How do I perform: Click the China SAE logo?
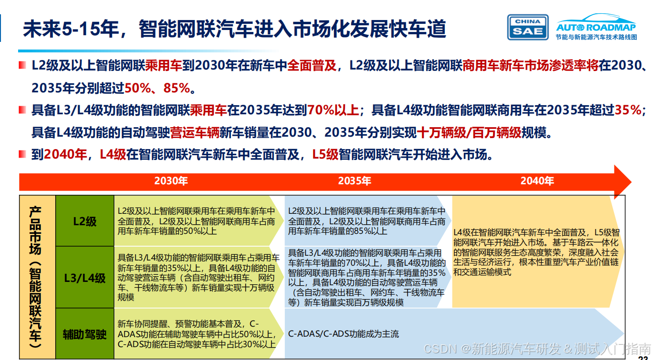[528, 27]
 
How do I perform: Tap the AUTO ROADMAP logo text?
[596, 27]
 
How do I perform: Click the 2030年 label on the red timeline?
[171, 181]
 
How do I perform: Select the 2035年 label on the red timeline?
[354, 181]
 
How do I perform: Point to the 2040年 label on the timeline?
[537, 181]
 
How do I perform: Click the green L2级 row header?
[85, 221]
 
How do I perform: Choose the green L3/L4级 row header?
[85, 277]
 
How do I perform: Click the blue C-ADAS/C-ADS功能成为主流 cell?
[343, 334]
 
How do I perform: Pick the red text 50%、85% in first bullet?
[157, 88]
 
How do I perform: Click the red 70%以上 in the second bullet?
[333, 110]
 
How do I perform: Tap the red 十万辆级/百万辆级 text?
[469, 132]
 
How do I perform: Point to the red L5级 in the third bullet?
[325, 154]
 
